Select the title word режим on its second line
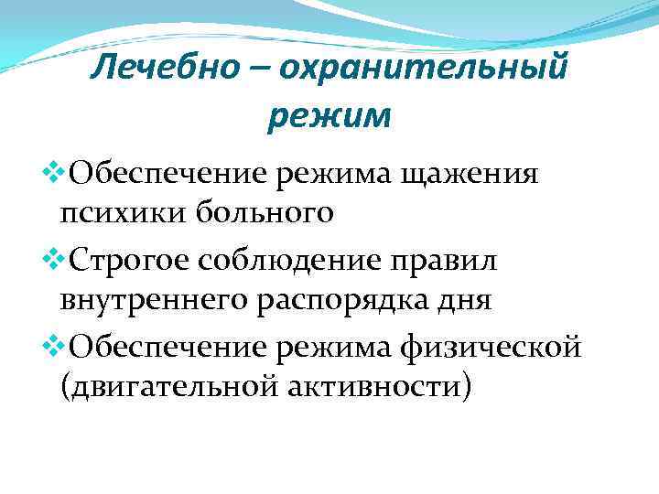[329, 116]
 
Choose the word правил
[453, 261]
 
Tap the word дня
[467, 301]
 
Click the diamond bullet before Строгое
[51, 259]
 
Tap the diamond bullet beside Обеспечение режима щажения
[51, 170]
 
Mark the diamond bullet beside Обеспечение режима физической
[51, 347]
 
